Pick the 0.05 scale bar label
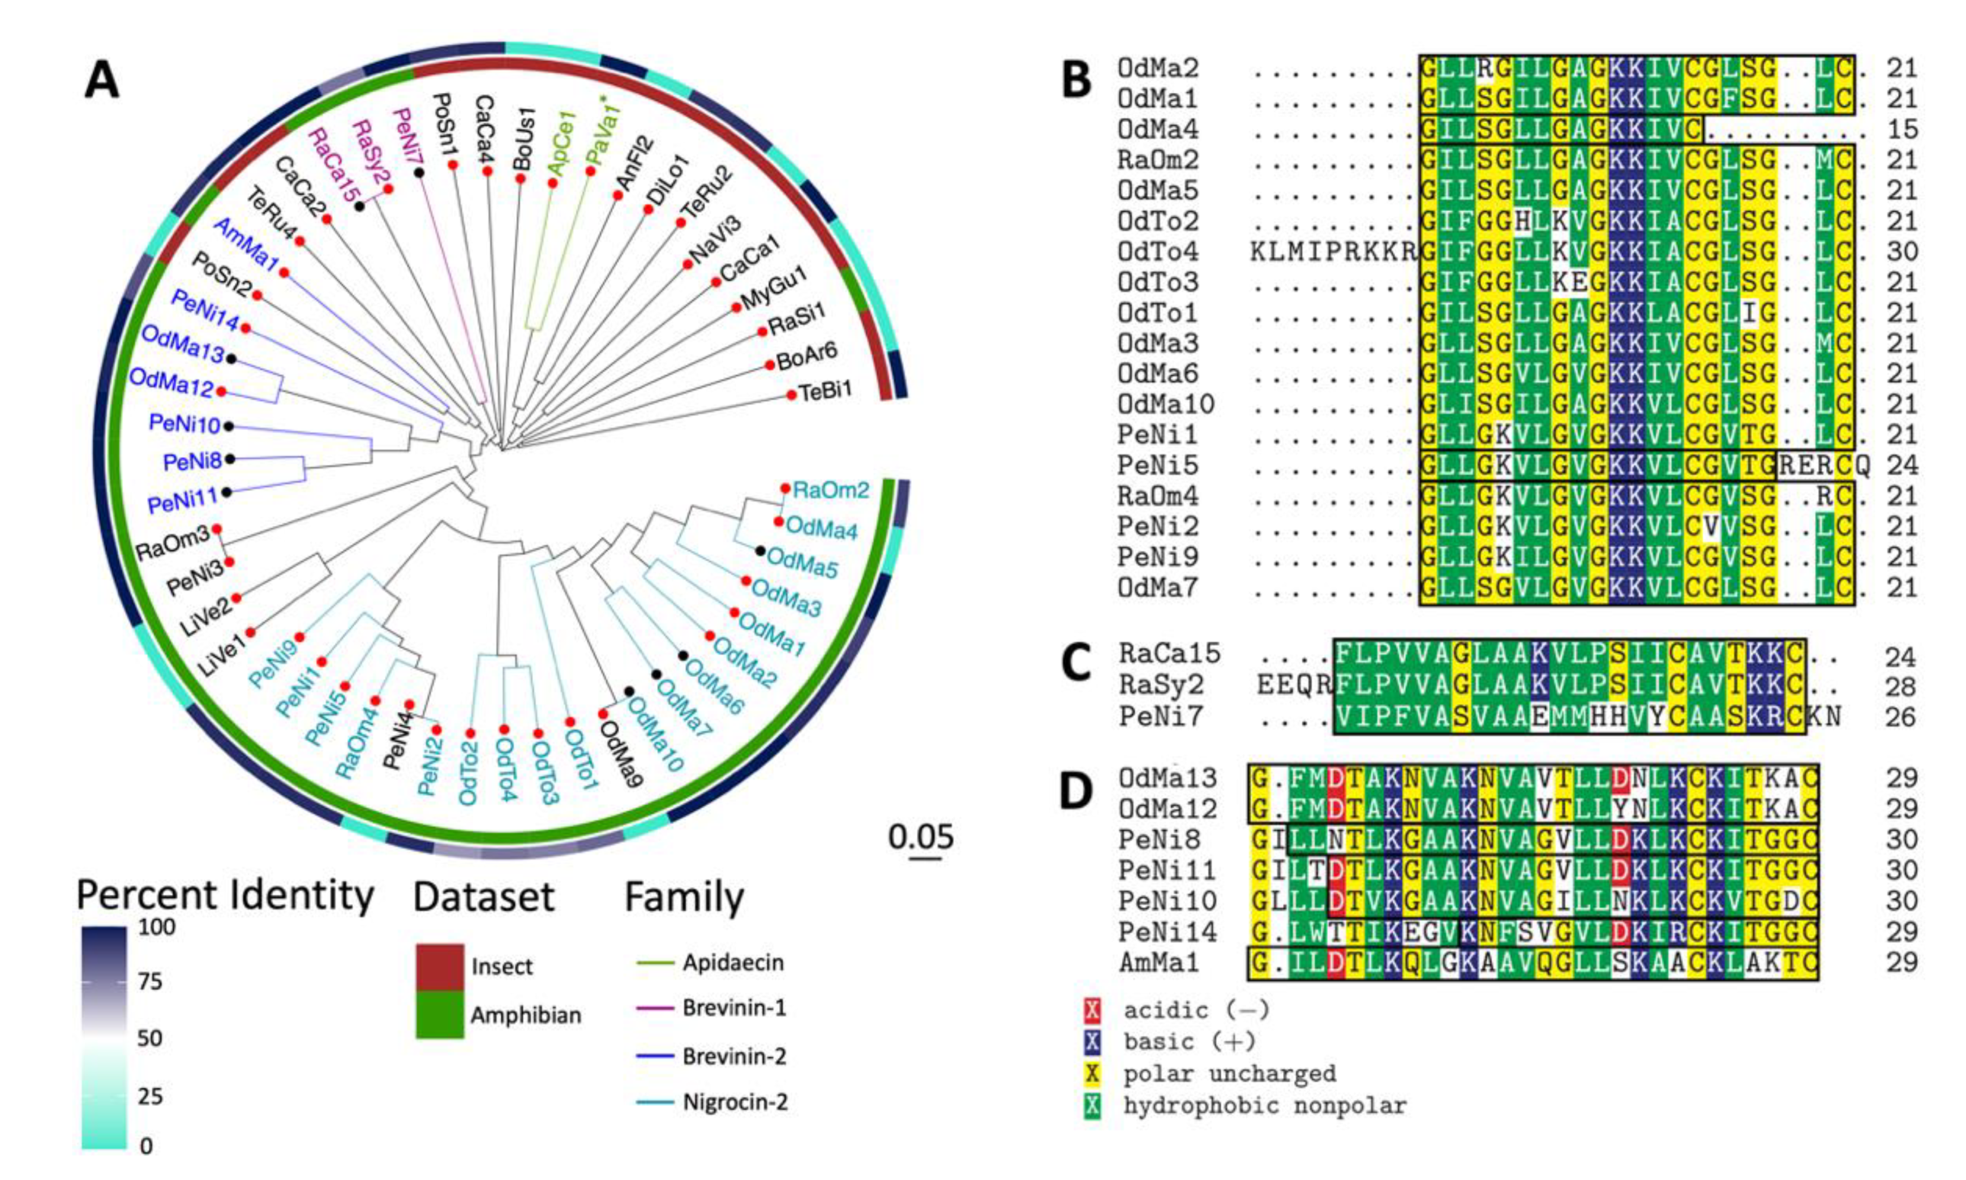pyautogui.click(x=921, y=836)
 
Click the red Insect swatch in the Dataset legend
pyautogui.click(x=440, y=966)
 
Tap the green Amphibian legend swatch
pyautogui.click(x=440, y=1014)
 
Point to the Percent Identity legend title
pyautogui.click(x=225, y=896)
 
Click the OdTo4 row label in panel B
pyautogui.click(x=1157, y=252)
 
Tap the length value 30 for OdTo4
pyautogui.click(x=1901, y=252)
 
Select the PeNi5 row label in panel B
pyautogui.click(x=1157, y=466)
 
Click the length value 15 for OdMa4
pyautogui.click(x=1901, y=130)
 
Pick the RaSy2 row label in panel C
pyautogui.click(x=1161, y=685)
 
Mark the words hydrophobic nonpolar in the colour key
pyautogui.click(x=1264, y=1106)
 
